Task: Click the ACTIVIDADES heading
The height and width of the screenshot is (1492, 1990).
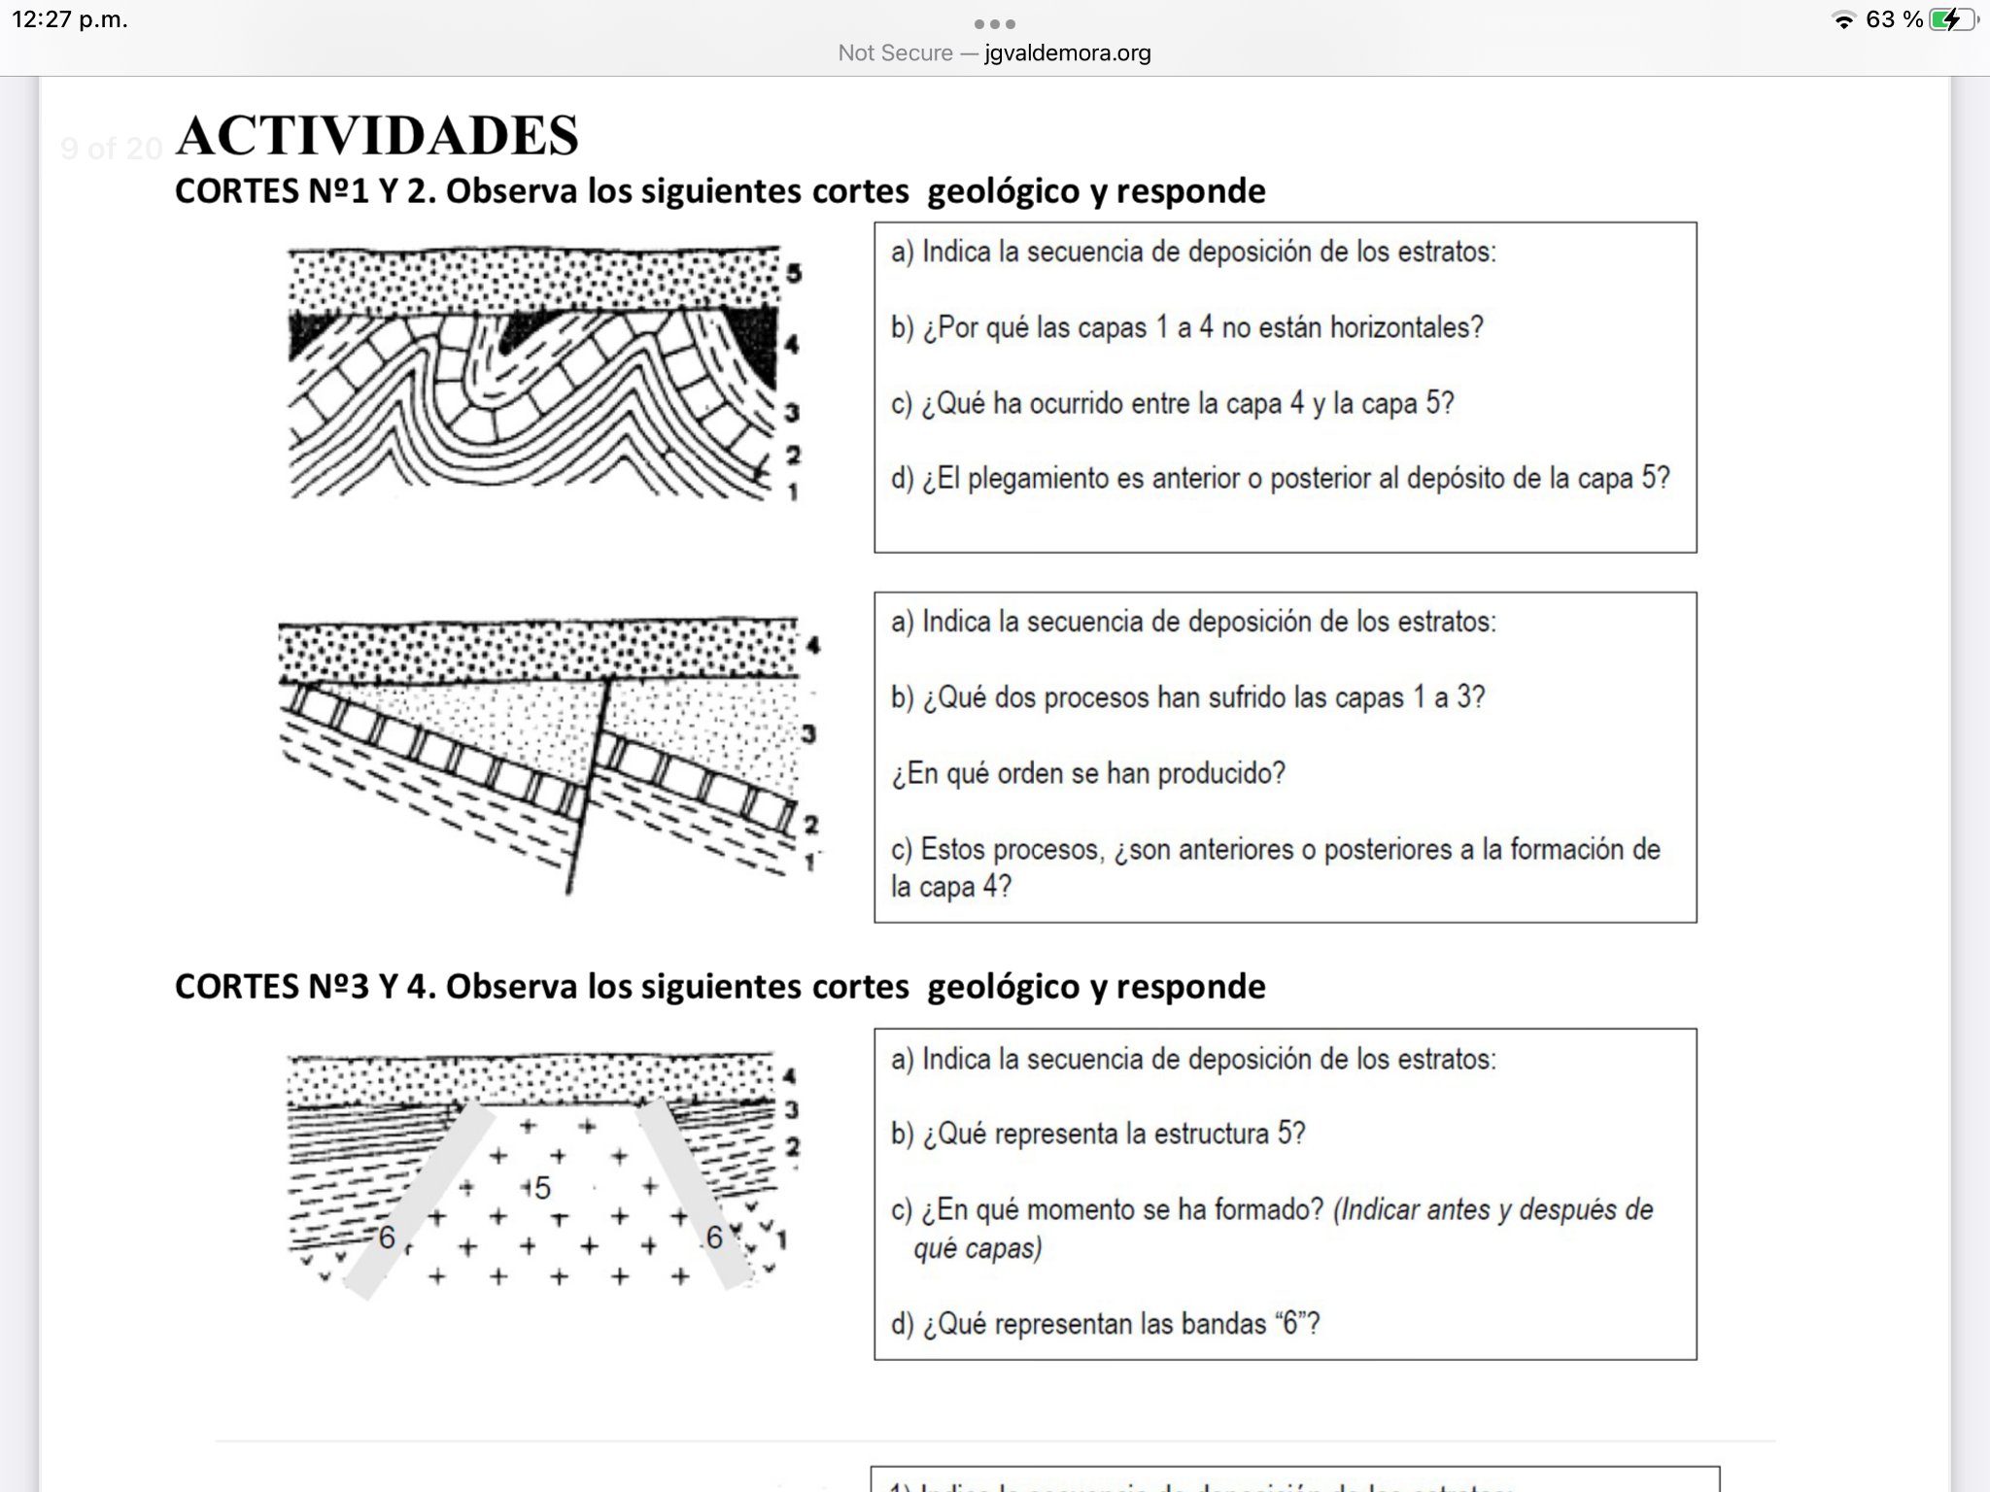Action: (x=377, y=135)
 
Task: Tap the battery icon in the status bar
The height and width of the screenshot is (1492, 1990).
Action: (x=1950, y=19)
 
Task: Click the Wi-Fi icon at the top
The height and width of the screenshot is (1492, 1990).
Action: (x=1842, y=20)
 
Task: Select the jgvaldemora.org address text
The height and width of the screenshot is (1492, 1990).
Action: (x=1067, y=53)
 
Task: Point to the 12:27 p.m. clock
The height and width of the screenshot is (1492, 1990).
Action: (x=70, y=19)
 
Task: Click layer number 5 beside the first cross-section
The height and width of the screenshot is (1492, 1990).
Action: (x=794, y=273)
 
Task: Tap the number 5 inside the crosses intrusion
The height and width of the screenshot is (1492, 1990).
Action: (x=542, y=1187)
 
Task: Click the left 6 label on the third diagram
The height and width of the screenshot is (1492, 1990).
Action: (x=387, y=1238)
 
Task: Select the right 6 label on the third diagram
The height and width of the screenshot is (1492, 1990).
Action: (x=714, y=1238)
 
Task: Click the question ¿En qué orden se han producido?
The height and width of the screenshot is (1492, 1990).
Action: (x=1088, y=773)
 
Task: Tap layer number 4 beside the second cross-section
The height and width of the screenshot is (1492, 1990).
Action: (x=812, y=645)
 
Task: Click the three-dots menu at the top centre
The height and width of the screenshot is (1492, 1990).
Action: (x=994, y=23)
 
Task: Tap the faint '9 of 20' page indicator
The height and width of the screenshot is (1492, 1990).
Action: (x=111, y=149)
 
